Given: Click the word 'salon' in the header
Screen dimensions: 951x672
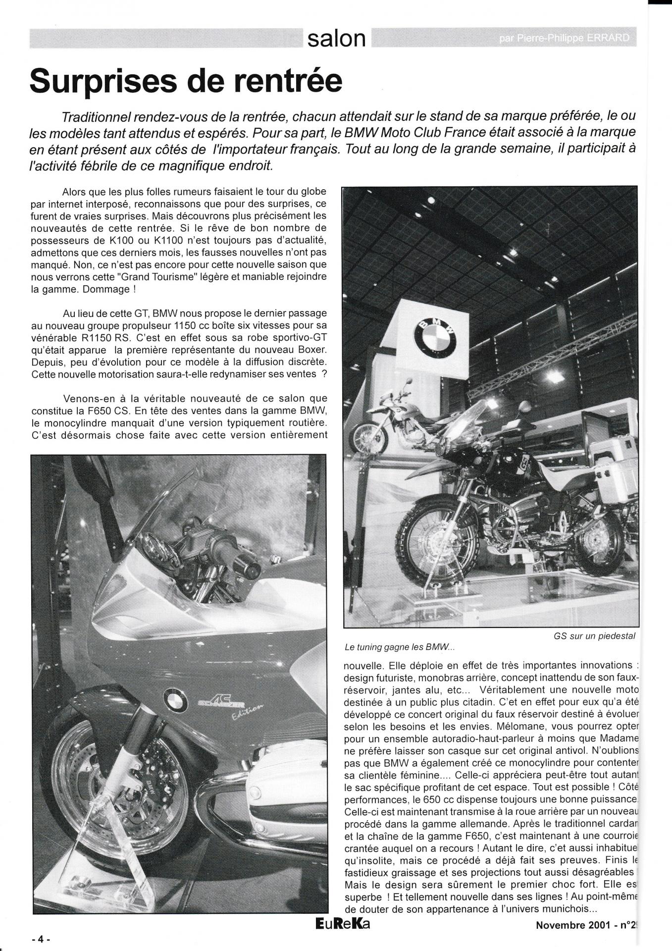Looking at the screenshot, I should click(336, 39).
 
